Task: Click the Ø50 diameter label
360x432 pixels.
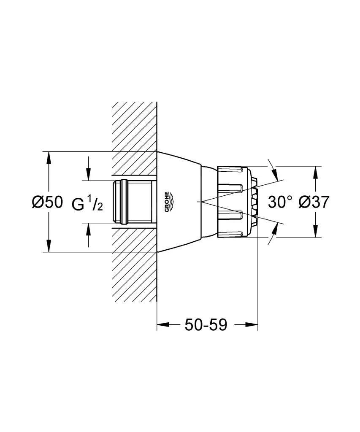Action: pos(47,202)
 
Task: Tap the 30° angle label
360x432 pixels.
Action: pos(280,202)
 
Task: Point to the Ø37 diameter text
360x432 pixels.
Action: pos(313,202)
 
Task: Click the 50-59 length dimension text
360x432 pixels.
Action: pos(206,325)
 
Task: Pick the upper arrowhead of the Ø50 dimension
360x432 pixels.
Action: pos(49,158)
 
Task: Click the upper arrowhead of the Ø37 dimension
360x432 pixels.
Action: pos(315,172)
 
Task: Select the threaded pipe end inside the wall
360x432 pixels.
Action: pos(133,202)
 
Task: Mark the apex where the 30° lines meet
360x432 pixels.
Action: pos(201,202)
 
